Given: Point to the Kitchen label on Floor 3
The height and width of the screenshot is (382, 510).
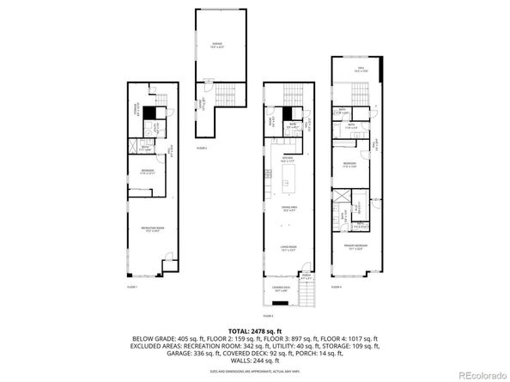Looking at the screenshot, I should [x=288, y=161].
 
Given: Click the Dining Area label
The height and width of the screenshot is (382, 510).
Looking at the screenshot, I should [x=288, y=209].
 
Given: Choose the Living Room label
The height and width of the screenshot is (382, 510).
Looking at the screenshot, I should [x=288, y=249].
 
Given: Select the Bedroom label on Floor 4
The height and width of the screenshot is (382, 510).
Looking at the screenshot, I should [x=350, y=166].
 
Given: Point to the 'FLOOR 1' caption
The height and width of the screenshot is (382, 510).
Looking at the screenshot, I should [x=132, y=286].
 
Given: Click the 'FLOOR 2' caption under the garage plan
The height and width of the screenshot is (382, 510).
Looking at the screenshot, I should [x=202, y=149].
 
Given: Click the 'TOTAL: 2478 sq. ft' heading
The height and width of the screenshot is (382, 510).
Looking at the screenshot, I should [x=255, y=330].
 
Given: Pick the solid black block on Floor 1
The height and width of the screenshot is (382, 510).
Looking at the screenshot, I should [x=149, y=112].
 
